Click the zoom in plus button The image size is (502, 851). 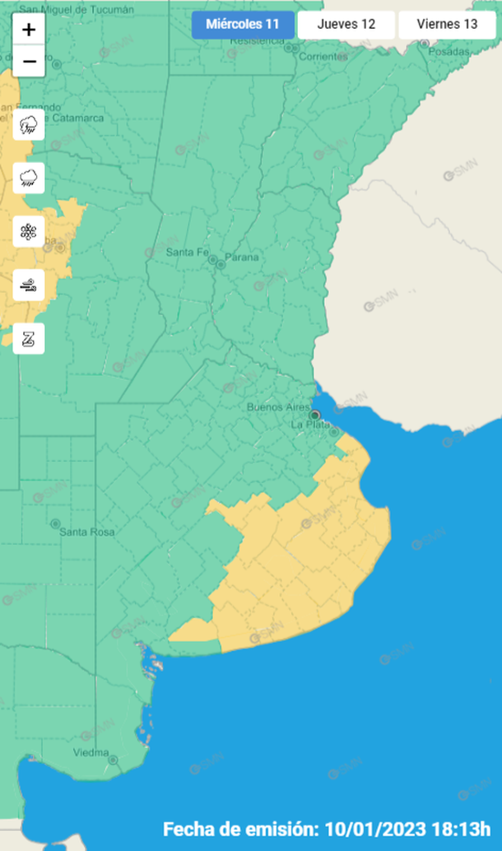(x=29, y=30)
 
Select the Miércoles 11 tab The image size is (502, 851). (x=243, y=24)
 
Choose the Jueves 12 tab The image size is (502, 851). (x=346, y=24)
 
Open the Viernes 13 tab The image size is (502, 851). (x=447, y=24)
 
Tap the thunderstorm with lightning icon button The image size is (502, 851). (x=29, y=125)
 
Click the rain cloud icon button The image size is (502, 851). (x=29, y=178)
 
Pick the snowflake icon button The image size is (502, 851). (x=29, y=231)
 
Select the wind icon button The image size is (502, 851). (x=29, y=285)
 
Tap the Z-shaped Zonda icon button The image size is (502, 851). (x=29, y=338)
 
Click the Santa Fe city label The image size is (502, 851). (x=188, y=252)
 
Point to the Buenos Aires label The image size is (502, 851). (x=277, y=407)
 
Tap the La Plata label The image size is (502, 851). (x=310, y=425)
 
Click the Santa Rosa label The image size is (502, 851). (x=86, y=532)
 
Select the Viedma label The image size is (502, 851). (x=91, y=752)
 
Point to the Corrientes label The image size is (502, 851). (x=323, y=56)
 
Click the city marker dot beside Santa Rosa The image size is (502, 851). (x=55, y=523)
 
